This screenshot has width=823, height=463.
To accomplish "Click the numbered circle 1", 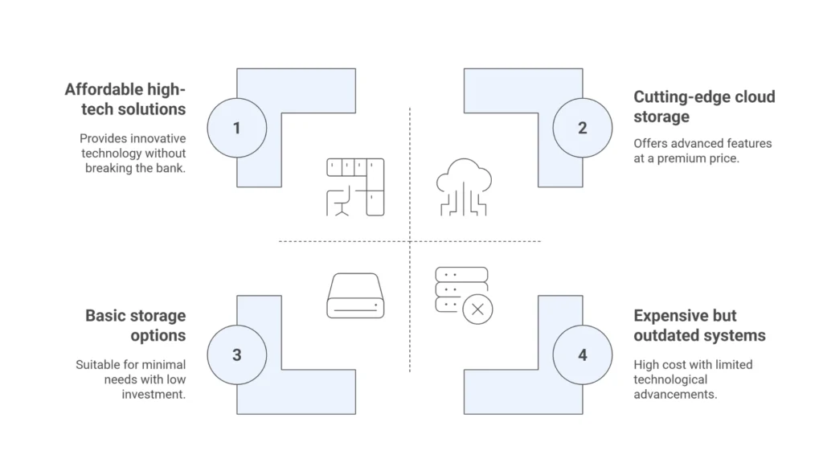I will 236,128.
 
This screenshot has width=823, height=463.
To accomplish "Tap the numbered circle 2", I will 583,128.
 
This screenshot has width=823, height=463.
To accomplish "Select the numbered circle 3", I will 236,354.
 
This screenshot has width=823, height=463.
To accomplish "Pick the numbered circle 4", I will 583,354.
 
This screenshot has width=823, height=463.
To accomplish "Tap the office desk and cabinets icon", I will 354,186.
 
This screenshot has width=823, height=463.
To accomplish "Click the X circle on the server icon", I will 478,308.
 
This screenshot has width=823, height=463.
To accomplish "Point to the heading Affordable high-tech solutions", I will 125,99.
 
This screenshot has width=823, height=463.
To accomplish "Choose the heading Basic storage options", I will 136,325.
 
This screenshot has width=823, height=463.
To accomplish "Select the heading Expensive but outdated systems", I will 699,325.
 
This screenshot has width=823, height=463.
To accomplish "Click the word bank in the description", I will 170,168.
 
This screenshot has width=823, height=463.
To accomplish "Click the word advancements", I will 675,395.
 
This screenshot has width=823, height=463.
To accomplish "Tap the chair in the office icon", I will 341,203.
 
